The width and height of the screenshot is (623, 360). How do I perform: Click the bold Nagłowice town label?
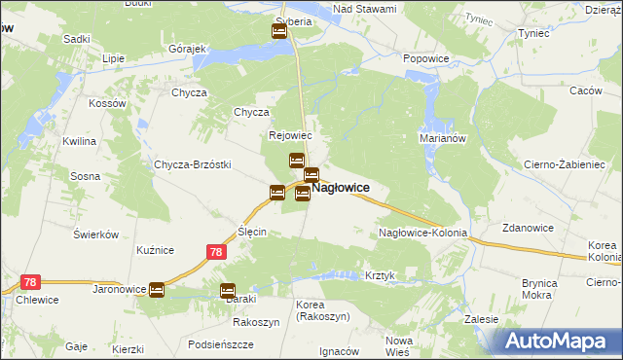(x=340, y=188)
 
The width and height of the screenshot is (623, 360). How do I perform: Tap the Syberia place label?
(x=293, y=20)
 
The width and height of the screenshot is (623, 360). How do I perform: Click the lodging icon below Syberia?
(x=279, y=31)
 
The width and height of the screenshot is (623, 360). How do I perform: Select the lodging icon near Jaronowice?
(x=157, y=290)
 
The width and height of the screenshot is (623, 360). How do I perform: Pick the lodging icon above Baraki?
(x=228, y=290)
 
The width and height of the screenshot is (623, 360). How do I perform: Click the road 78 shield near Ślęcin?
(x=217, y=252)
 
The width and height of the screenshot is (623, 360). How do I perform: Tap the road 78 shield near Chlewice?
(x=31, y=282)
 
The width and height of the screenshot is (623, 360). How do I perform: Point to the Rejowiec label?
(x=290, y=136)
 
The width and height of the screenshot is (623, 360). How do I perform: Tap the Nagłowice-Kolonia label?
(x=423, y=234)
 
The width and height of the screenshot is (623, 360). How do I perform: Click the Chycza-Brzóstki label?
(x=192, y=164)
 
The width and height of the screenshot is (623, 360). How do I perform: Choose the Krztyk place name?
(x=381, y=275)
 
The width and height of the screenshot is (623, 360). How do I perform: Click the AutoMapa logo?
(x=561, y=341)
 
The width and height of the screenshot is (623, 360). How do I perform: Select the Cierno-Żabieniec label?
(x=565, y=164)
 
